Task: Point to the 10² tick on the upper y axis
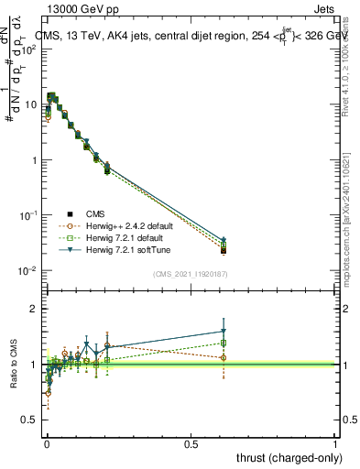pos(29,49)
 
